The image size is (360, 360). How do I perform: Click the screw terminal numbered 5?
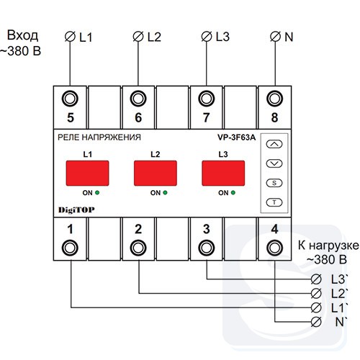(x=70, y=99)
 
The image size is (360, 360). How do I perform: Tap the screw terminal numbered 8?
(x=275, y=99)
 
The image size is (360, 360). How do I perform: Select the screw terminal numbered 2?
(x=138, y=248)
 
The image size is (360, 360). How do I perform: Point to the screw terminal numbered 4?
(x=275, y=248)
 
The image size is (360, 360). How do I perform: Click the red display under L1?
(x=87, y=173)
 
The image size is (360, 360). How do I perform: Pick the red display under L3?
(x=223, y=173)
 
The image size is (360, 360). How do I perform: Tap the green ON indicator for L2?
(x=165, y=192)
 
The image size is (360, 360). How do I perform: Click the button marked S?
(x=274, y=183)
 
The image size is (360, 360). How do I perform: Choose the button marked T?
(x=274, y=202)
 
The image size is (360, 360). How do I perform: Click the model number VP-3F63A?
(x=237, y=138)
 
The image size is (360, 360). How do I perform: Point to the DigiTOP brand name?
(x=76, y=210)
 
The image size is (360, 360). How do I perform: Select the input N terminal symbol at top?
(x=275, y=37)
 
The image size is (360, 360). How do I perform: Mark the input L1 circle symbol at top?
(x=70, y=37)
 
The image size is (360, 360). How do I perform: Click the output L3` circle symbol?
(x=316, y=279)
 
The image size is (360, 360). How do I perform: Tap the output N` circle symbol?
(x=316, y=322)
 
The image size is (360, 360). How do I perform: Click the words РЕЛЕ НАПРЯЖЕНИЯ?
(x=99, y=138)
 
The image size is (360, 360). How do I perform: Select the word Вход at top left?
(x=22, y=35)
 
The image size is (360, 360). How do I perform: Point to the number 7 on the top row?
(x=206, y=117)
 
